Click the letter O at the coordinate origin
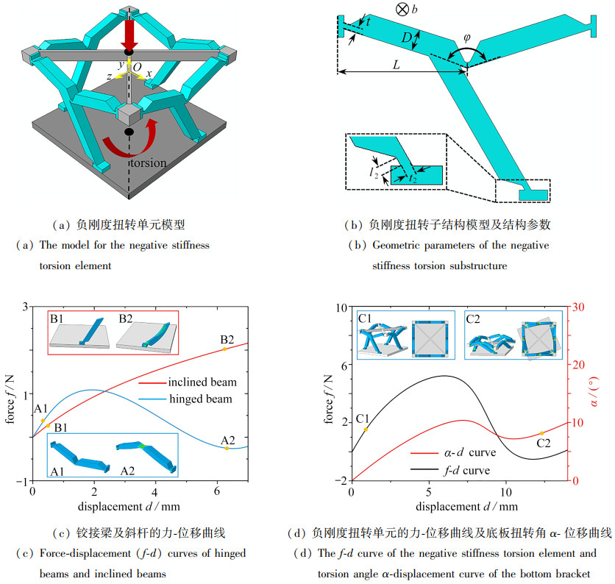(136, 66)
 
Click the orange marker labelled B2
(224, 349)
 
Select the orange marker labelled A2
(227, 448)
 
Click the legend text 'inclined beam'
(202, 382)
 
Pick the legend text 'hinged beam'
(198, 399)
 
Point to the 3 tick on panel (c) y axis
(24, 307)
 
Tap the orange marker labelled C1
(366, 429)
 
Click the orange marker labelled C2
(542, 433)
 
